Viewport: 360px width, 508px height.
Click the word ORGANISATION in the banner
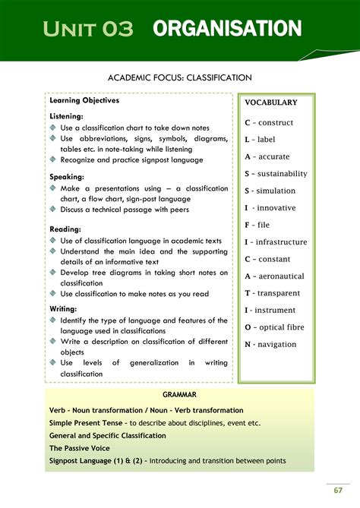click(x=227, y=30)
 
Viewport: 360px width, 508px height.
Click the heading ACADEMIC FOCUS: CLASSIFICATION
click(x=180, y=77)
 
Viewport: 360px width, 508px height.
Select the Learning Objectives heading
click(x=84, y=100)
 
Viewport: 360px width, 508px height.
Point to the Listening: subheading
click(x=68, y=117)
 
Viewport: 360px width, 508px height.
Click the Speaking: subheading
click(x=68, y=176)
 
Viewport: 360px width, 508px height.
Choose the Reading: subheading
click(x=66, y=229)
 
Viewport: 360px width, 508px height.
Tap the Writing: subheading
click(x=65, y=309)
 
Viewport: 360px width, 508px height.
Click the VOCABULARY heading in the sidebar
click(x=271, y=103)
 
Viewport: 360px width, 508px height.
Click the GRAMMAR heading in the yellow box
click(x=179, y=395)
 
